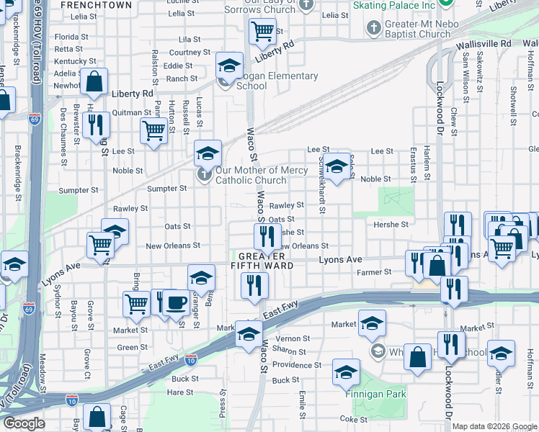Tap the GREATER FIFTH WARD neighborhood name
(x=266, y=261)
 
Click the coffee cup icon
(x=176, y=302)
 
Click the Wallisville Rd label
(x=484, y=43)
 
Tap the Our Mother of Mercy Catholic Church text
(x=251, y=175)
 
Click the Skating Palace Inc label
(x=395, y=5)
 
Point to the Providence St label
(x=297, y=365)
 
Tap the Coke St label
(x=355, y=418)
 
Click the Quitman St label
(x=130, y=112)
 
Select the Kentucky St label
(x=74, y=61)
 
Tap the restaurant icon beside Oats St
(x=267, y=235)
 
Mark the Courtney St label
(x=190, y=53)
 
